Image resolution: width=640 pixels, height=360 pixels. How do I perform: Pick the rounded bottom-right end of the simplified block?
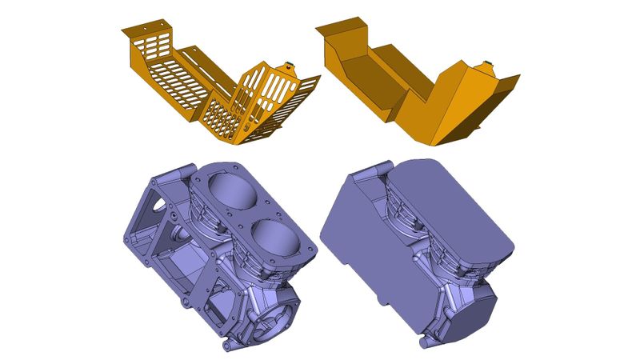[472, 316]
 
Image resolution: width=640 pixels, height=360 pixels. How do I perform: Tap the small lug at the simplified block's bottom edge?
[424, 342]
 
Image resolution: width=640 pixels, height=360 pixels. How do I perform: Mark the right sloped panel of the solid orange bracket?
[464, 108]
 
